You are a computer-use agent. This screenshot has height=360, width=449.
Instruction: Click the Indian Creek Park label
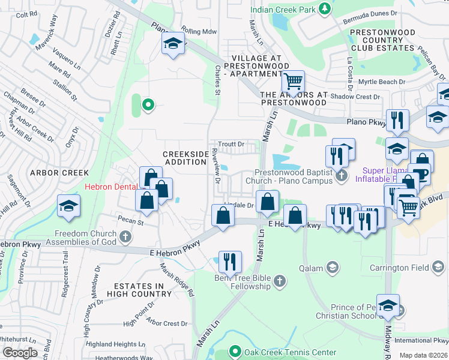coord(283,9)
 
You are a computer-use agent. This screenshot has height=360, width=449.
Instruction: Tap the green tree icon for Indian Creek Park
coord(325,8)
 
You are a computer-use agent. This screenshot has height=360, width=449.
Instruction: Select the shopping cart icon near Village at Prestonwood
coord(293,81)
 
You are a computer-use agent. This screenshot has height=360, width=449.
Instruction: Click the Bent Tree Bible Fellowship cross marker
coord(279,281)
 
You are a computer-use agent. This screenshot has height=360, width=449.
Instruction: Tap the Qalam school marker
coord(333,266)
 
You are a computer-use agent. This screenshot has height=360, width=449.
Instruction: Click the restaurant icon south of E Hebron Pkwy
coord(230,262)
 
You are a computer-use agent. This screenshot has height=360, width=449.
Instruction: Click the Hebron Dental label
coord(110,187)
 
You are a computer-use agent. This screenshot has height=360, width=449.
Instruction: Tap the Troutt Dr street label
coord(231,144)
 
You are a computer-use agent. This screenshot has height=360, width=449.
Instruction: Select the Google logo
coord(20,353)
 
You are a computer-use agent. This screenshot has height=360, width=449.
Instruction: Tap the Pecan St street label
coord(132,222)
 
